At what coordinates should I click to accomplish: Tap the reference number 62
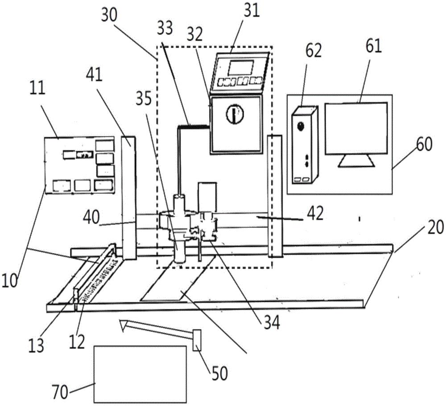313,51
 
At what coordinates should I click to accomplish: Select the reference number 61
373,46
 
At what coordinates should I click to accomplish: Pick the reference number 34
271,323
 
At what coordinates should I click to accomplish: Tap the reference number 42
315,214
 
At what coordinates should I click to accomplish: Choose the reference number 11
38,88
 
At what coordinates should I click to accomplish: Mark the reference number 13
36,346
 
